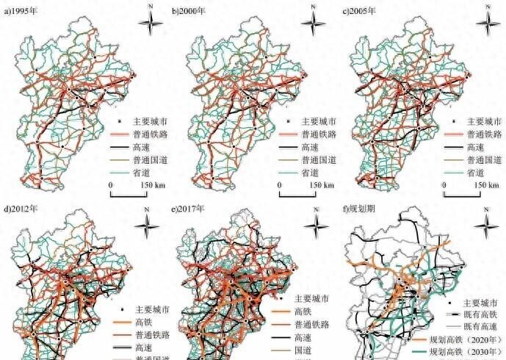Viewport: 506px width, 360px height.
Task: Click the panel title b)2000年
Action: point(190,12)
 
